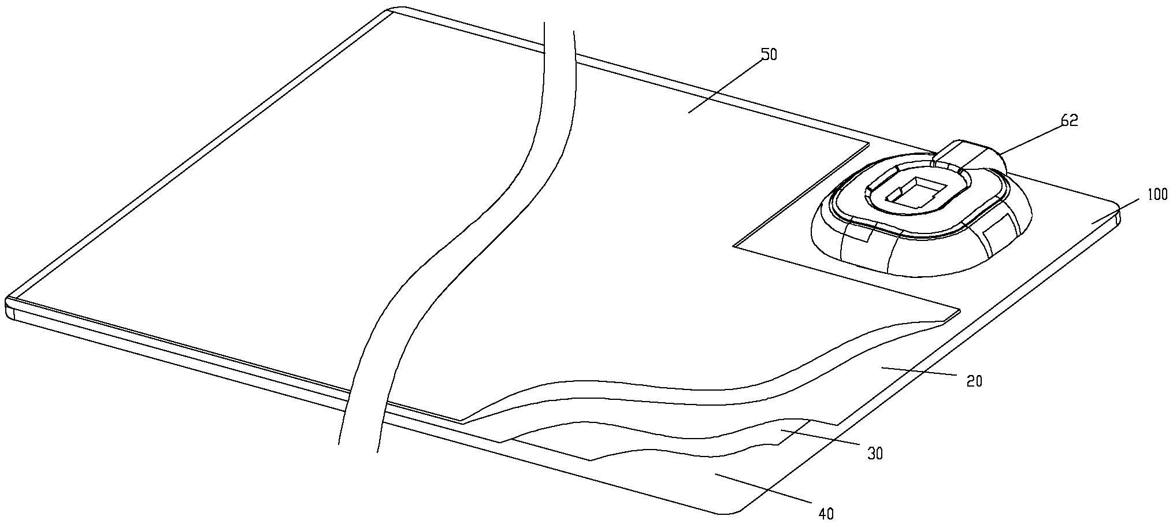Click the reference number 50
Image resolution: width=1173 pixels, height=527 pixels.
point(769,54)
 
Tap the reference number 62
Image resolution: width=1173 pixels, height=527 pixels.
point(1069,121)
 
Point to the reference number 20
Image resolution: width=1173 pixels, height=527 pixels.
point(974,381)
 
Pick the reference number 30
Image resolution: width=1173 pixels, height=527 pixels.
point(875,454)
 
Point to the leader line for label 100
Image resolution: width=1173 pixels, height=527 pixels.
point(1115,210)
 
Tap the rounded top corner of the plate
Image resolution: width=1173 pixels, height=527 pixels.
point(398,9)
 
